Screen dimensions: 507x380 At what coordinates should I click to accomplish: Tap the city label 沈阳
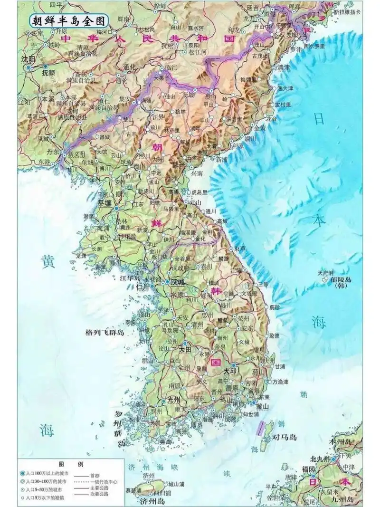[x=28, y=59]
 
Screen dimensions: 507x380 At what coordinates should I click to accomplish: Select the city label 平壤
[x=104, y=202]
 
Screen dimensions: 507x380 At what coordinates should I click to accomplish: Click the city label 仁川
[x=143, y=287]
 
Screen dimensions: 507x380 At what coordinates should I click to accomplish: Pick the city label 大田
[x=185, y=349]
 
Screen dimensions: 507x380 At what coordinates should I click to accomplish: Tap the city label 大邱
[x=230, y=370]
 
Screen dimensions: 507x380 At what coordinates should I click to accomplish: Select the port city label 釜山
[x=262, y=407]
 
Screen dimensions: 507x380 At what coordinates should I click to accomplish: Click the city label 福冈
[x=309, y=469]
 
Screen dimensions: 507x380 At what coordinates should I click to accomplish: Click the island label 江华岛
[x=131, y=277]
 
